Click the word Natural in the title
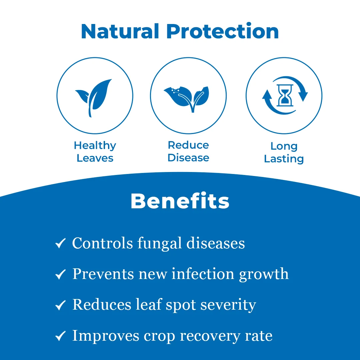[120, 31]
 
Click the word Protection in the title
[222, 31]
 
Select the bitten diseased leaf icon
[187, 99]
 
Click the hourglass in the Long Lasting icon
[285, 95]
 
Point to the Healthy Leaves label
[95, 152]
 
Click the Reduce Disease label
[188, 151]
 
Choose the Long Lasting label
[284, 152]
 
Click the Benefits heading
[180, 201]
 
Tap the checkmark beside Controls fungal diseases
[60, 243]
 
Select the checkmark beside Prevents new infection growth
[60, 274]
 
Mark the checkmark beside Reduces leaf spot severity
[60, 305]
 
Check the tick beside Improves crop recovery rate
[60, 336]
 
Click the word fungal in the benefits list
[160, 243]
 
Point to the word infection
[203, 274]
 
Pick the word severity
[228, 305]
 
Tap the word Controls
[102, 243]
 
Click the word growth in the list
[264, 274]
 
